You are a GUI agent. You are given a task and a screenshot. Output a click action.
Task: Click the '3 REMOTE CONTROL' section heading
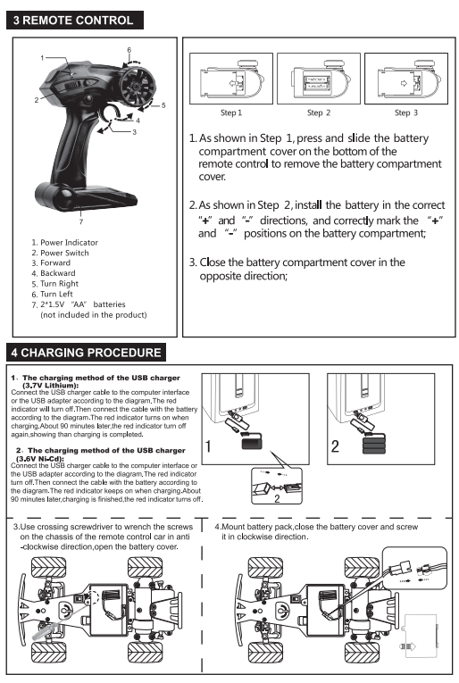pos(74,21)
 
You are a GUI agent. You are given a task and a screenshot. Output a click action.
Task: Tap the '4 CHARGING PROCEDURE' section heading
pos(87,353)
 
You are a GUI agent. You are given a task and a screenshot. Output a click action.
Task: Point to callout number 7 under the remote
pos(81,221)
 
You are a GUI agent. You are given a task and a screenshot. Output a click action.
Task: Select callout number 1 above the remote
pos(42,58)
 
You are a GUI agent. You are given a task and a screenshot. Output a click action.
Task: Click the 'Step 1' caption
pos(230,112)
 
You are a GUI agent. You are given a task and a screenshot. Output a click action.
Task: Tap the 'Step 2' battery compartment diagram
pos(318,79)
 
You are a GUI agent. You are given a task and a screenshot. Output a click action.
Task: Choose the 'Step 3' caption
pos(406,112)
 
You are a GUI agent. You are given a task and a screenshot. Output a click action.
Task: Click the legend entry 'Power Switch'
pos(64,253)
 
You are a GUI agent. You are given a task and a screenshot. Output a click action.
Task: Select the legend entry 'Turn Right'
pos(59,284)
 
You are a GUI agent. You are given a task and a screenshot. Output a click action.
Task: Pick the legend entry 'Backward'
pos(57,273)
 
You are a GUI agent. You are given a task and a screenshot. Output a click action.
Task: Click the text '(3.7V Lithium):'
pos(50,386)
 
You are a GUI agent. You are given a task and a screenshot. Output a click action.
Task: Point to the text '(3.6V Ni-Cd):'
pos(40,459)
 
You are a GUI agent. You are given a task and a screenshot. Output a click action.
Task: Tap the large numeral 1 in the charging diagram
pos(208,446)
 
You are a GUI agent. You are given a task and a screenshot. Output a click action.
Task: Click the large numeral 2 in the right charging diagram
pos(335,446)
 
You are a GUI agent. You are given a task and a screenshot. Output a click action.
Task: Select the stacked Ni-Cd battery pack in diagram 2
pos(373,444)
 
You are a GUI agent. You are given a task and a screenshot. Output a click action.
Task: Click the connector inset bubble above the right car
pos(414,568)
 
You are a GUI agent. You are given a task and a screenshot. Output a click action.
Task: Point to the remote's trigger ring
pos(115,111)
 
